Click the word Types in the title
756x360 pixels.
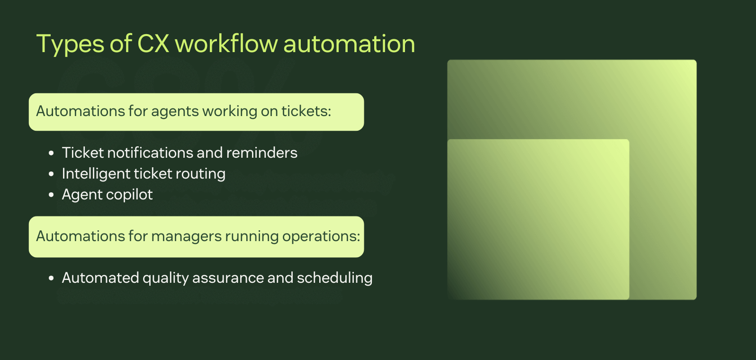70,45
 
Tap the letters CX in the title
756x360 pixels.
153,44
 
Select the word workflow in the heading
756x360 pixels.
226,44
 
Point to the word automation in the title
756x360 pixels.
349,44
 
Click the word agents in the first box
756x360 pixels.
175,111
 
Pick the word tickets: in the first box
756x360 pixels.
306,111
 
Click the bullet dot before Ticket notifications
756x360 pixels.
51,153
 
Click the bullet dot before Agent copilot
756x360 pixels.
51,195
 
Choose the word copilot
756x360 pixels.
130,195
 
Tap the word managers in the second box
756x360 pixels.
186,236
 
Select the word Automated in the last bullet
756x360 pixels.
100,278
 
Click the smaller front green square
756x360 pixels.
538,219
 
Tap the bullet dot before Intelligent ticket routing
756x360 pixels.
51,174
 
